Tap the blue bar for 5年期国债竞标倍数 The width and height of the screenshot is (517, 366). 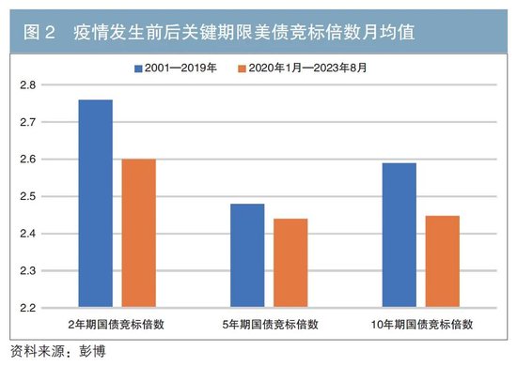pos(246,255)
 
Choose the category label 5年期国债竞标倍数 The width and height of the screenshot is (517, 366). pos(269,326)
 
